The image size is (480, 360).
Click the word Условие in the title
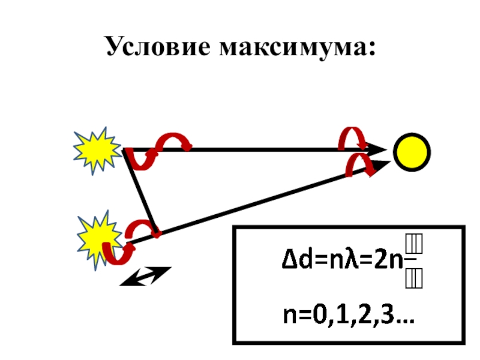coord(157,47)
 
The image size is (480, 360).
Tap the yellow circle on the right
coord(412,151)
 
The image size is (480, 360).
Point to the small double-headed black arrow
coord(146,276)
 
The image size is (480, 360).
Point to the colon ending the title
coord(373,50)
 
